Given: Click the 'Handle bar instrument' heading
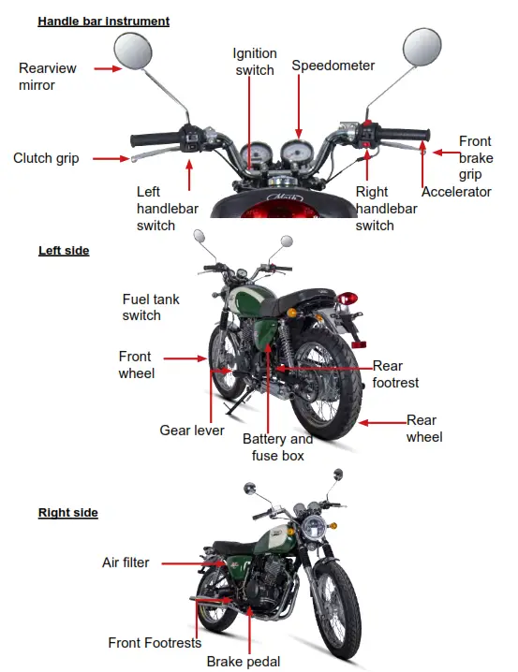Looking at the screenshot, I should coord(103,21).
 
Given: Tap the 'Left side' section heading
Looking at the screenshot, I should coord(64,251).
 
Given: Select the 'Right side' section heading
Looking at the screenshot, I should coord(67,513).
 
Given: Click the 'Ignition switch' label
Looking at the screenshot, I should coord(254,62).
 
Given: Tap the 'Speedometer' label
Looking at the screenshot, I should coord(333,66).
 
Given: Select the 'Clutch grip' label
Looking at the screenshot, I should coord(46,158).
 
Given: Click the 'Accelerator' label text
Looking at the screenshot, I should coord(456,192).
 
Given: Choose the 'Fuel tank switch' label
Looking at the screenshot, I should coord(151,307).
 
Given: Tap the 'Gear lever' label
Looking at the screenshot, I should coord(192,431).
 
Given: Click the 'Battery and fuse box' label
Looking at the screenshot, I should coord(278,447).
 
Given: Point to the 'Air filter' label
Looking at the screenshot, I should coord(126,562).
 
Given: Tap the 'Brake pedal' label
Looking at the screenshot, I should coord(244,661).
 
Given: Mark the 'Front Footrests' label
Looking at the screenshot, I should coord(155,643).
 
